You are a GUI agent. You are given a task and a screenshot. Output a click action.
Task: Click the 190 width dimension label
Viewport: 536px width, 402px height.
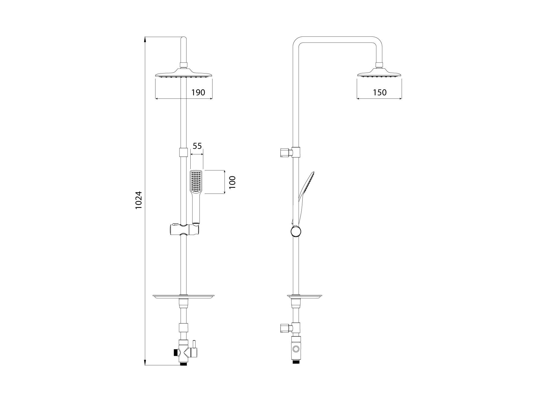click(x=198, y=92)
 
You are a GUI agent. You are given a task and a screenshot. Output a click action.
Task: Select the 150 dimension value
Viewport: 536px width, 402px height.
click(x=380, y=92)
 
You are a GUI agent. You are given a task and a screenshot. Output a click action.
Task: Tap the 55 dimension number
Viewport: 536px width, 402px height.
click(x=197, y=146)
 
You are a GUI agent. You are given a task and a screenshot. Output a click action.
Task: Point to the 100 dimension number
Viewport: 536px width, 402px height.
click(x=232, y=182)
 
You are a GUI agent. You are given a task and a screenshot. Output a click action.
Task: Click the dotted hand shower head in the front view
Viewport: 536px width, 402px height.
click(x=196, y=182)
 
